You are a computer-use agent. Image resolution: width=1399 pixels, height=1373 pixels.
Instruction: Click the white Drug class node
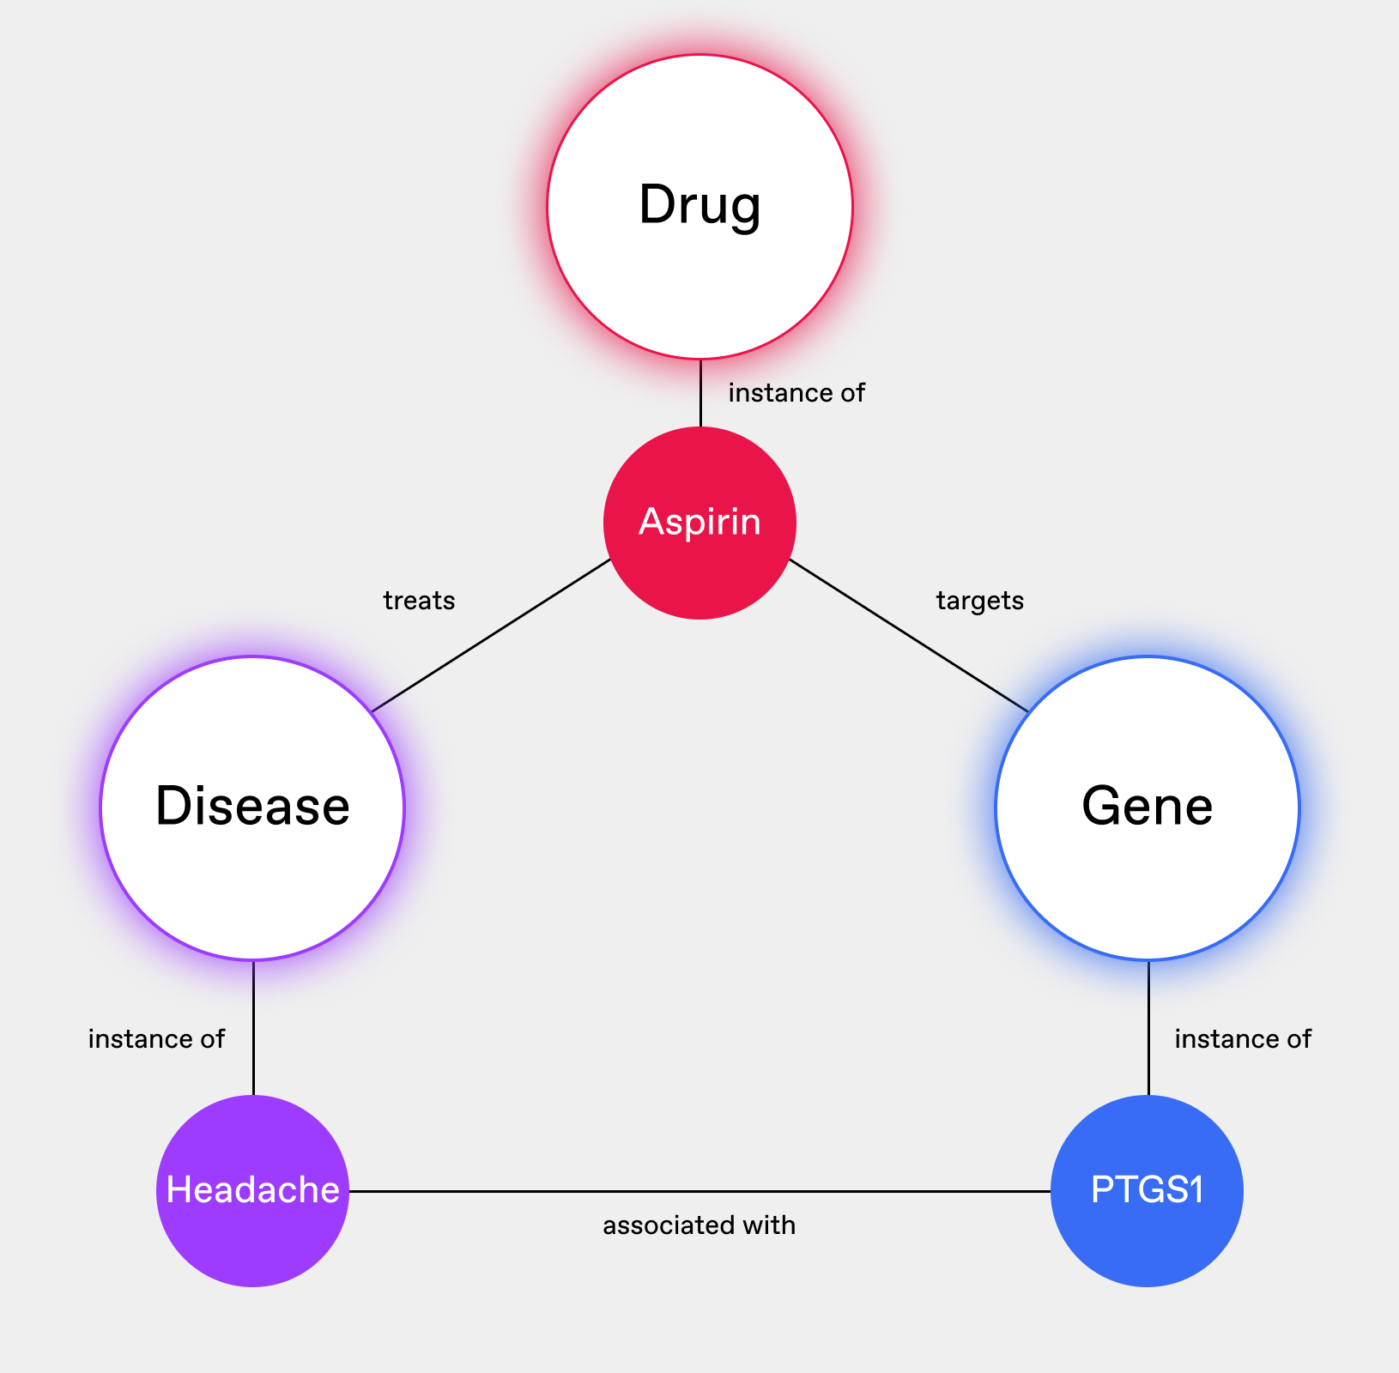[699, 207]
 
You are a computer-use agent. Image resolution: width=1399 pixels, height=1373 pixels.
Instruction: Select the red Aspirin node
[699, 523]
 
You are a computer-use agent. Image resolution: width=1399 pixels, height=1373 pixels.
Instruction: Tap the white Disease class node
[252, 807]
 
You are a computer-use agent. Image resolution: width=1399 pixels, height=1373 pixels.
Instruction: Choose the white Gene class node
[1148, 807]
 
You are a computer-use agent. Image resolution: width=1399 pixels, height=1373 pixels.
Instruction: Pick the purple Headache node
[252, 1190]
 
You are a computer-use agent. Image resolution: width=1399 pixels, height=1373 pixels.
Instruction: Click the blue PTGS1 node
[1147, 1190]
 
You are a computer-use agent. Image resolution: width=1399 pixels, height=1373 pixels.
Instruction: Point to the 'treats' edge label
[419, 601]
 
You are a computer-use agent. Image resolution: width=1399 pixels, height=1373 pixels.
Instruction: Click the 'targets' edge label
[980, 601]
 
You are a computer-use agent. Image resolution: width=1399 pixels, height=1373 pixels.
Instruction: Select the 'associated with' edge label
[699, 1225]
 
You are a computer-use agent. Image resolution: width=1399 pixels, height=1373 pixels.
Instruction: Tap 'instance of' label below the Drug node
[796, 393]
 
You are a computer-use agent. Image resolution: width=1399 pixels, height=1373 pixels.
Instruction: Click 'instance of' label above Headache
[156, 1039]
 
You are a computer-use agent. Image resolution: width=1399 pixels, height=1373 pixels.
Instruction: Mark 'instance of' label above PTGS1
[1243, 1039]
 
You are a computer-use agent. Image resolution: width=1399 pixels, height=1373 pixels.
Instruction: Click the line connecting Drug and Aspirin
[700, 393]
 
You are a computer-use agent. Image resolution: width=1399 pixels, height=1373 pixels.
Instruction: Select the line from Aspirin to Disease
[491, 635]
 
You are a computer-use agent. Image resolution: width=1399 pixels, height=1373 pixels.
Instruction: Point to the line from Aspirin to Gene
[908, 635]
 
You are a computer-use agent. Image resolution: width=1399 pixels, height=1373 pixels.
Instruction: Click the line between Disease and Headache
[253, 1027]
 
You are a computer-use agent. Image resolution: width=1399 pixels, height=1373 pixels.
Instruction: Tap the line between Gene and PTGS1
[1148, 1027]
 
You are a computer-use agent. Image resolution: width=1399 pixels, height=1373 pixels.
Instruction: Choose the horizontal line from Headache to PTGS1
[699, 1191]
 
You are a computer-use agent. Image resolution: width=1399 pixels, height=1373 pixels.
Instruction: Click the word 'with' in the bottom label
[770, 1225]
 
